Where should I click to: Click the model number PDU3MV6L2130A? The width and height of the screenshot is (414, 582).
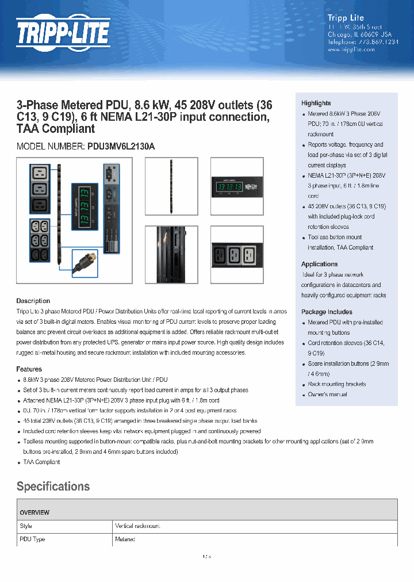[x=121, y=147]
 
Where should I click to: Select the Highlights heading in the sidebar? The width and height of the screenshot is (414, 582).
[x=316, y=103]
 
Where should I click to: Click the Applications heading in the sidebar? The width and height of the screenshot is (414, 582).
[x=319, y=264]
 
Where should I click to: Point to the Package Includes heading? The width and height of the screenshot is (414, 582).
[x=326, y=312]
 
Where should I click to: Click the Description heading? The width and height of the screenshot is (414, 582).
[x=33, y=301]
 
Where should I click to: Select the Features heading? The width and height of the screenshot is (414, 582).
[x=29, y=369]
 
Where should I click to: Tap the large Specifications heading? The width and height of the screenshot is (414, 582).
[x=53, y=487]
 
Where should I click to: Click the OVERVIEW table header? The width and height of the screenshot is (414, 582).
[x=34, y=512]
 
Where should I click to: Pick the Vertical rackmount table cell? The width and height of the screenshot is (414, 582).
[x=138, y=526]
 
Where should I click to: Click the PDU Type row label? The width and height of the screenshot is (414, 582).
[x=32, y=539]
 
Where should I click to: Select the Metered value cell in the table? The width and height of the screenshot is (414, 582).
[x=125, y=539]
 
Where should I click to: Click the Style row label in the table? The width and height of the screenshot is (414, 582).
[x=26, y=526]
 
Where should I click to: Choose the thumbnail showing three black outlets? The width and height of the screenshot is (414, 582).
[x=236, y=254]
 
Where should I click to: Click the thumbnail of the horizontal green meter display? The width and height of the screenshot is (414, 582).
[x=236, y=186]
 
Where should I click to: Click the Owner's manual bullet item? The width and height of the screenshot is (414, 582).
[x=327, y=395]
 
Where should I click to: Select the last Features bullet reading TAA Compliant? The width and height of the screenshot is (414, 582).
[x=41, y=462]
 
